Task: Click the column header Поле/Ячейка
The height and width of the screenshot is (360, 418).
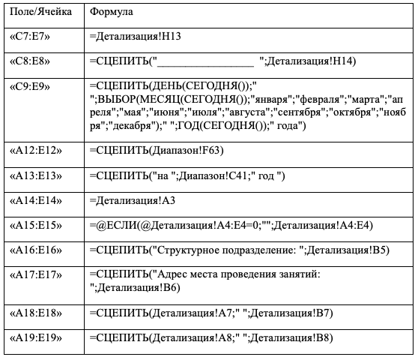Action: pos(40,12)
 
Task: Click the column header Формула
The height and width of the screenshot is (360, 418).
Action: pos(111,12)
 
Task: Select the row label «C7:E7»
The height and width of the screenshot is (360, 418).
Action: pos(30,37)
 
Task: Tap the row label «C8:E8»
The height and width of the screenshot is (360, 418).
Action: pos(30,61)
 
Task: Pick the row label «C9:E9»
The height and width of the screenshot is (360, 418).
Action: pos(30,86)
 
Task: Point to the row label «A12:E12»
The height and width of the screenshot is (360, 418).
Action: pos(36,151)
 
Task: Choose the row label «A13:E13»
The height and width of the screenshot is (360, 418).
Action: pos(36,175)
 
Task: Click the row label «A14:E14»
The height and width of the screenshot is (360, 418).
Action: pos(36,201)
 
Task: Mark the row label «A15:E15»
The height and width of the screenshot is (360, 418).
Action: pos(36,226)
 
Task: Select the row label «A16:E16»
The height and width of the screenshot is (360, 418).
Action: pos(36,250)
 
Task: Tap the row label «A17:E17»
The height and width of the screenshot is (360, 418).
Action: pos(36,274)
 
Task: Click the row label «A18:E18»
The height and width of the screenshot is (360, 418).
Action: pos(36,313)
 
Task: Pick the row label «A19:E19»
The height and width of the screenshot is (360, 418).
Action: pos(36,338)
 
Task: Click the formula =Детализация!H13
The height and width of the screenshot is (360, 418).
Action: pos(136,37)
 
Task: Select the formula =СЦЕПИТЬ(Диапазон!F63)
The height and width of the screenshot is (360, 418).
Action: pos(157,151)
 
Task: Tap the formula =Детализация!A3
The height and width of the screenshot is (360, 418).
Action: pos(133,201)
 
